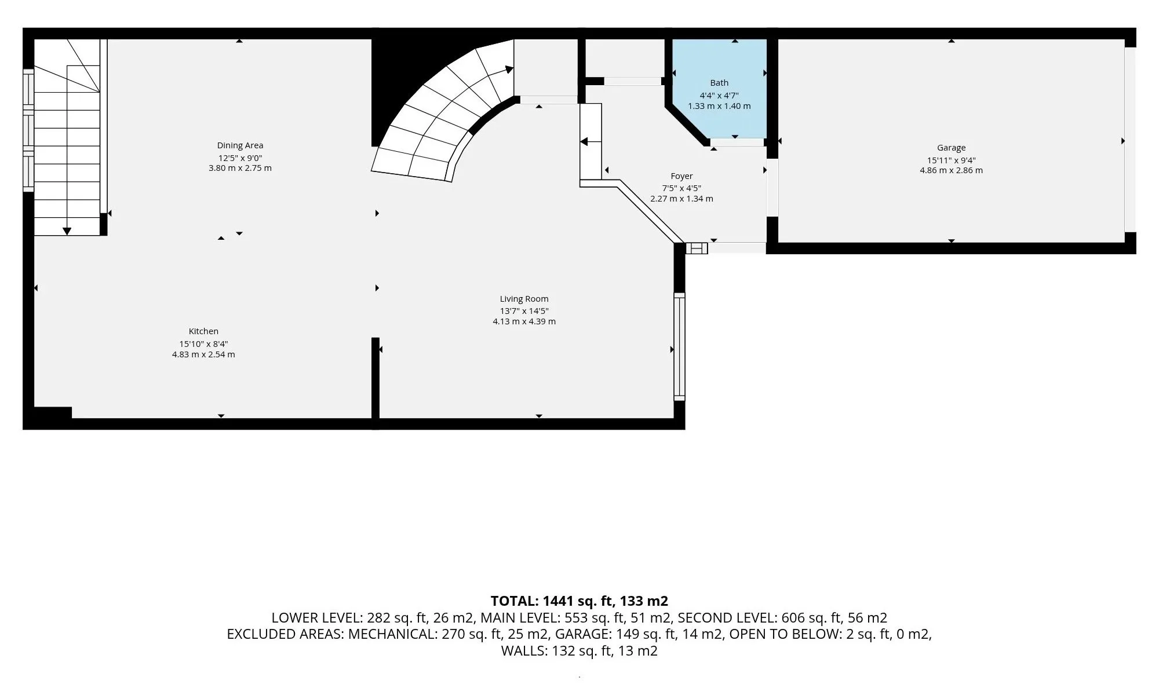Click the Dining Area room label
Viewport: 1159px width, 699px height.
coord(240,145)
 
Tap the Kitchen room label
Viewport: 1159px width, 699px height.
coord(203,331)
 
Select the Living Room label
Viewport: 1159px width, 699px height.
coord(524,299)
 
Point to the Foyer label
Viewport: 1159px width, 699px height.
coord(681,176)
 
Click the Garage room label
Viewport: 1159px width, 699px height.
coord(951,148)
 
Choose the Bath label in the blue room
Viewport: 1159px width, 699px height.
coord(719,83)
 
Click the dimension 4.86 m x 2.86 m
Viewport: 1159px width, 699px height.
coord(951,170)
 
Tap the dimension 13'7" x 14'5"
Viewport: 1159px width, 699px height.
coord(524,310)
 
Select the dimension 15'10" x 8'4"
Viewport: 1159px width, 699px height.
coord(203,343)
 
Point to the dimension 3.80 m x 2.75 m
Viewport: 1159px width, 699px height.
coord(240,169)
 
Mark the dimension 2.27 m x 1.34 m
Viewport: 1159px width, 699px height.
coord(681,199)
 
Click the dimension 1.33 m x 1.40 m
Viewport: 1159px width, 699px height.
coord(719,106)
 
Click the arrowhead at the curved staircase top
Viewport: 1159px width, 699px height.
coord(509,69)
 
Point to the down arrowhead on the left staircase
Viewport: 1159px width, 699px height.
coord(67,231)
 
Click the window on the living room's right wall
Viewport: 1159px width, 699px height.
coord(679,346)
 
